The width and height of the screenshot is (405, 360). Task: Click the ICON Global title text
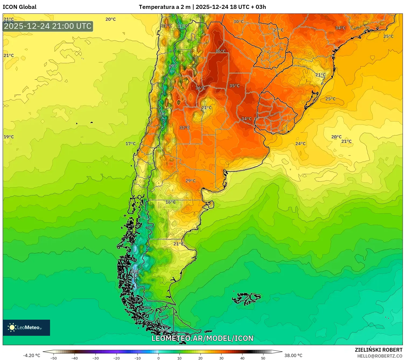click(19, 7)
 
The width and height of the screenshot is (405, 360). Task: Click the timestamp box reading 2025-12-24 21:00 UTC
click(48, 26)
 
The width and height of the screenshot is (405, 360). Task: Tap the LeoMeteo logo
click(26, 327)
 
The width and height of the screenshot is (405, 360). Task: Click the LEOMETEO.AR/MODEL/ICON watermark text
click(202, 338)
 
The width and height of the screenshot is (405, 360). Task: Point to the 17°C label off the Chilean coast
click(131, 144)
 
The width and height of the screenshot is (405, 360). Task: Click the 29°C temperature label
click(191, 181)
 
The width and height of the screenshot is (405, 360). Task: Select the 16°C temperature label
click(170, 202)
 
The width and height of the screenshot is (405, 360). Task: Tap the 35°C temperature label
click(234, 86)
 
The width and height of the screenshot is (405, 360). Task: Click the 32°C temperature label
click(184, 128)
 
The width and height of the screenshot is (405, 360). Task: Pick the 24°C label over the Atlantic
click(300, 143)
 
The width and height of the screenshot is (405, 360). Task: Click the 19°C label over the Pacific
click(9, 137)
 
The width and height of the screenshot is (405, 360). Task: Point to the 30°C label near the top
click(238, 22)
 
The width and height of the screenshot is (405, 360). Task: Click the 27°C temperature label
click(278, 30)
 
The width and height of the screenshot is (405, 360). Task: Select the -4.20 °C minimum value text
click(31, 355)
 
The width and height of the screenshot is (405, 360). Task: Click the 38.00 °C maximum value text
click(293, 355)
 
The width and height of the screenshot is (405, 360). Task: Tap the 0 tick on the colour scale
click(159, 358)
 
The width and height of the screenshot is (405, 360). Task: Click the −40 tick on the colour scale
click(75, 358)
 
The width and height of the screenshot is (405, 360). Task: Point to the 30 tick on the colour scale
click(221, 358)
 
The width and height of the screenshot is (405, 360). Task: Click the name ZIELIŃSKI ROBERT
click(378, 350)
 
